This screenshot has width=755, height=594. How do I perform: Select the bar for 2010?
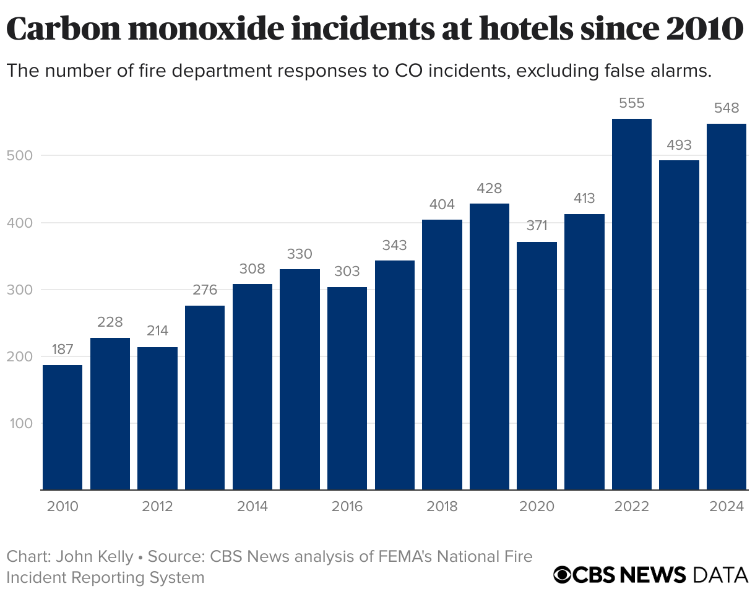(63, 427)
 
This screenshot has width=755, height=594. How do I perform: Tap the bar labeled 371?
(537, 366)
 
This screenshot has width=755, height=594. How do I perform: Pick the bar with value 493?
(679, 325)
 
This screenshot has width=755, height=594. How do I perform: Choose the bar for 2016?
(347, 388)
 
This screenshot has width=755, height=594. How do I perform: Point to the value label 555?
(632, 104)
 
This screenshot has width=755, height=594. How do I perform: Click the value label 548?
(727, 108)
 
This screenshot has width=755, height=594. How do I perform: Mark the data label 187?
(63, 349)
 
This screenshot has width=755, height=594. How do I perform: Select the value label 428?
(490, 189)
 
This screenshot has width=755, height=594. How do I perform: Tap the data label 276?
(205, 290)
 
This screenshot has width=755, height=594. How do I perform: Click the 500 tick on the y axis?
(19, 155)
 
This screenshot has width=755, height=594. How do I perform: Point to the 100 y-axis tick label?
(19, 424)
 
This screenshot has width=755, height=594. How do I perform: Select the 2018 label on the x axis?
(442, 507)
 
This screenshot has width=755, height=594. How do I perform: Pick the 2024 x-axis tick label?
(727, 507)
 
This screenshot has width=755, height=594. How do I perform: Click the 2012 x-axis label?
(157, 507)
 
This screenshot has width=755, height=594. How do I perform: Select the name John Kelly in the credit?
(94, 556)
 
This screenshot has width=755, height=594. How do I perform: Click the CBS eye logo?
(563, 574)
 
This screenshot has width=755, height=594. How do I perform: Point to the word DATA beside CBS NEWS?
(720, 574)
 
